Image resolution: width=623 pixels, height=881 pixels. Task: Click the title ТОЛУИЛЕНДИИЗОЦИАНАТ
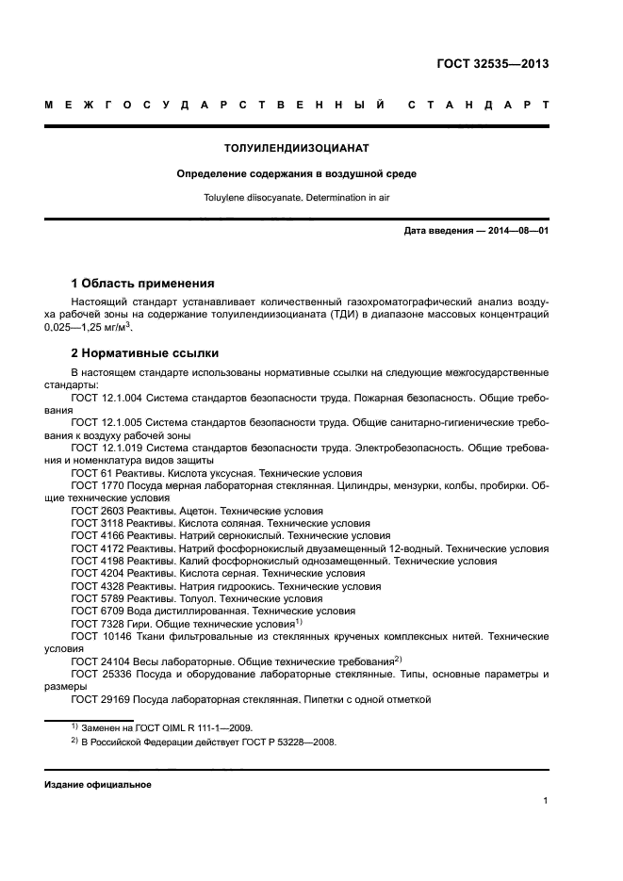297,149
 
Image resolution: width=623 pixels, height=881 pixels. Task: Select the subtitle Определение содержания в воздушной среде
297,174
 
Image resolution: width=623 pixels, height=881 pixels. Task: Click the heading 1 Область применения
143,283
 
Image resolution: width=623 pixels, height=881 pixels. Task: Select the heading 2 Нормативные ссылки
145,353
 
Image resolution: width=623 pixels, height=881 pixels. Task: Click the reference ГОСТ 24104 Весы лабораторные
160,661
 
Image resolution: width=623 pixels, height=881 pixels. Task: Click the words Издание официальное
98,784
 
